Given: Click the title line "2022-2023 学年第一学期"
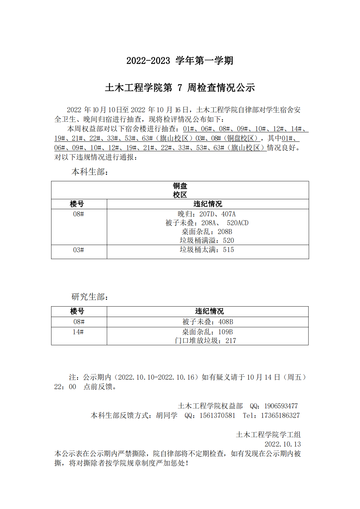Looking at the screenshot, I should click(180, 61).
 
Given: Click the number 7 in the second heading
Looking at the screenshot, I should click(180, 88).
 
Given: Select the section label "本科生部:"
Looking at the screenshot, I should click(90, 172).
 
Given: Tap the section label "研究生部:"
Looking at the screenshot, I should click(90, 297).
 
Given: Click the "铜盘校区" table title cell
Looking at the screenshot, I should click(180, 190).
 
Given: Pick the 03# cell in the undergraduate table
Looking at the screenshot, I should click(79, 250).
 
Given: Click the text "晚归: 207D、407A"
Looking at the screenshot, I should click(207, 214).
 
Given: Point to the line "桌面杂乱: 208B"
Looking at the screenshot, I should click(207, 232).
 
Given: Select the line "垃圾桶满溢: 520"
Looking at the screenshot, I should click(207, 241).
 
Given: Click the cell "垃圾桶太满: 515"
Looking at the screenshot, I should click(207, 250).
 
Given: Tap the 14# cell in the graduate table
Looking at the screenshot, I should click(78, 332).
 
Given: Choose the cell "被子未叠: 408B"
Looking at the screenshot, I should click(208, 322).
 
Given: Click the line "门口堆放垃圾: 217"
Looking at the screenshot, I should click(206, 341).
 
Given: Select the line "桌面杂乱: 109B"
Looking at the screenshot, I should click(207, 332).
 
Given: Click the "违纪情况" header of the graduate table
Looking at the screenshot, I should click(209, 311).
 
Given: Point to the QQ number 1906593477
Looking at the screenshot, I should click(281, 406).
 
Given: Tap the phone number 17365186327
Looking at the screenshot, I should click(280, 416).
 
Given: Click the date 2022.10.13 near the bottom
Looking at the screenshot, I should click(283, 444).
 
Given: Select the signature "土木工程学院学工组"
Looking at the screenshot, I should click(268, 435).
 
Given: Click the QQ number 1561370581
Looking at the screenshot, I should click(217, 416).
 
